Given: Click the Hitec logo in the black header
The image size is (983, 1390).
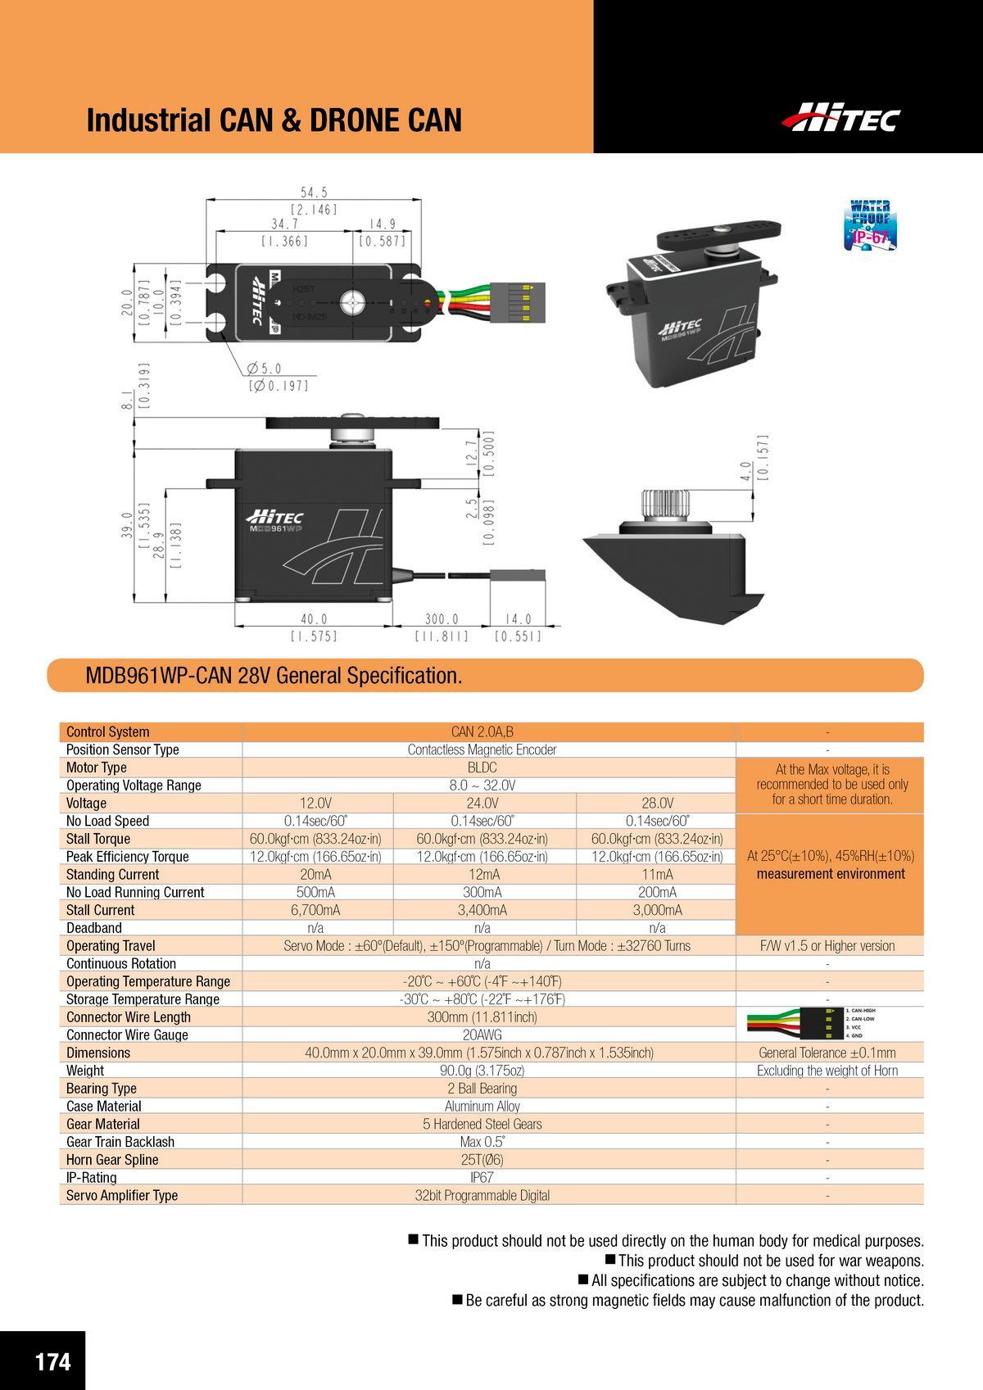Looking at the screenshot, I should (x=840, y=118).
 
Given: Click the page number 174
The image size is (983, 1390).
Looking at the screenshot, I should (x=52, y=1361).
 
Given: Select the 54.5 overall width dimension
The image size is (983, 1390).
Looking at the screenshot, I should (x=314, y=192).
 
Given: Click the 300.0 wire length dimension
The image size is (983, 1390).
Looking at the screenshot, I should (x=442, y=620).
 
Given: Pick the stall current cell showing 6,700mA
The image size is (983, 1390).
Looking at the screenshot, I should (x=315, y=910).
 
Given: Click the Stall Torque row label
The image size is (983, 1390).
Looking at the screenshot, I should (x=98, y=839).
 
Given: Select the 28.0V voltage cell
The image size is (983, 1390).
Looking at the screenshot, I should (x=657, y=803).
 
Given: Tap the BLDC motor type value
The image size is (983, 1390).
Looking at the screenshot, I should (x=482, y=767).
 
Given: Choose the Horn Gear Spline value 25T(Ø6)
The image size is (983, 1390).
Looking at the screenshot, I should (x=482, y=1160).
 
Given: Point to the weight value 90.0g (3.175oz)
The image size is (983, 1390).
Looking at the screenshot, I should (x=482, y=1071).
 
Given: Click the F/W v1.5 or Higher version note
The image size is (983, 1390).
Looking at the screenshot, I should (x=827, y=946).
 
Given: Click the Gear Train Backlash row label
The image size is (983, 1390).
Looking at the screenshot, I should (x=120, y=1142).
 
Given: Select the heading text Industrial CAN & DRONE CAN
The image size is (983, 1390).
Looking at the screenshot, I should (x=274, y=120).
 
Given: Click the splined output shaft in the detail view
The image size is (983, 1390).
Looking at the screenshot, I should (x=664, y=505).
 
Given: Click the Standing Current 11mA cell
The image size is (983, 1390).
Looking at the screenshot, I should (x=657, y=874).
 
